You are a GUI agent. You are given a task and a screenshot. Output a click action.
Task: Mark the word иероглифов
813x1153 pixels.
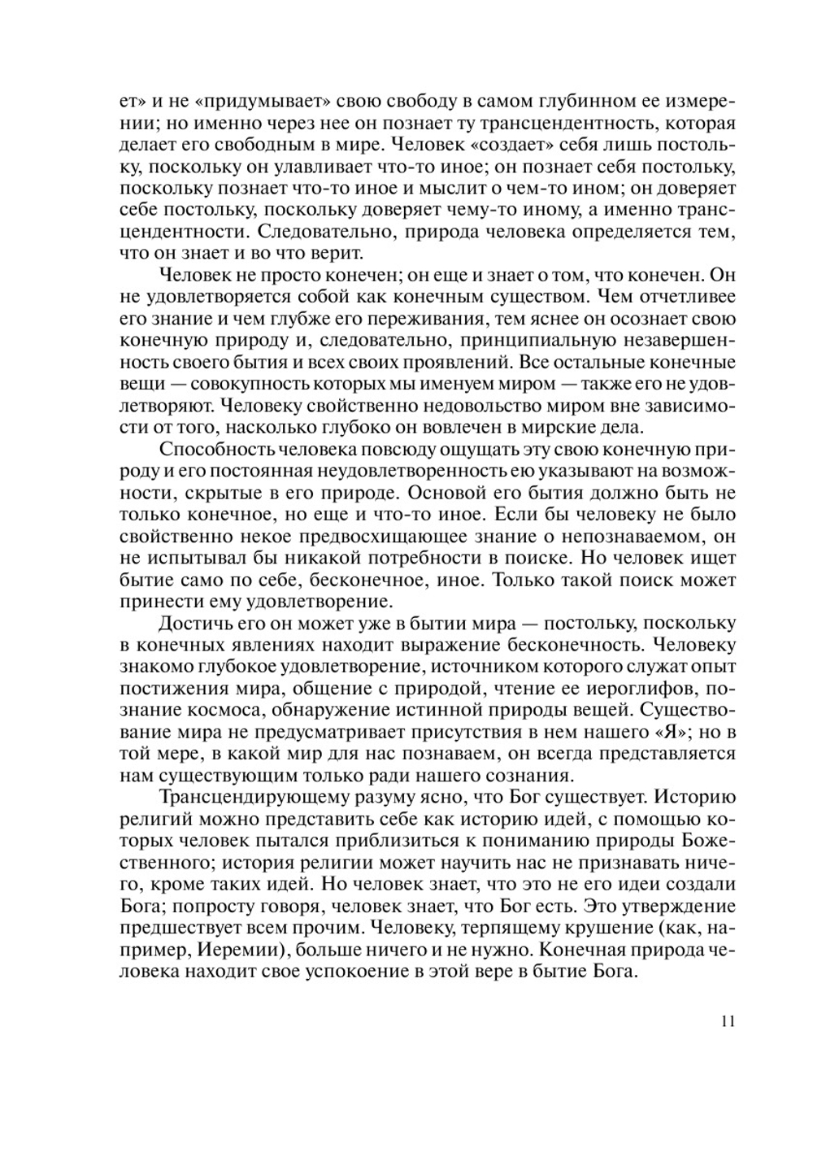pos(627,689)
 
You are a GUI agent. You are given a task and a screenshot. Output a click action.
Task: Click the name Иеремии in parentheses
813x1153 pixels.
pos(239,950)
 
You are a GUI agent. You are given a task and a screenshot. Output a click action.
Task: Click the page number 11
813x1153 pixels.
pos(728,1021)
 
